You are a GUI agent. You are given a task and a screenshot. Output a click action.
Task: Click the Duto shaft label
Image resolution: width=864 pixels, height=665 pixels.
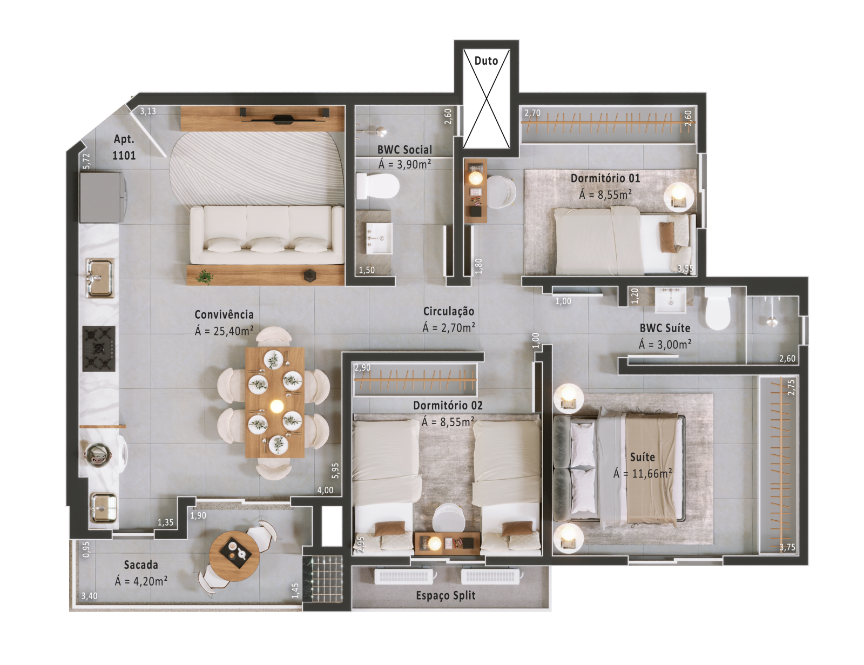tap(486, 61)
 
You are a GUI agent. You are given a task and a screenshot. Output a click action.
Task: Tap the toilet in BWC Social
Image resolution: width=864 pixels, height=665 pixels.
tap(377, 186)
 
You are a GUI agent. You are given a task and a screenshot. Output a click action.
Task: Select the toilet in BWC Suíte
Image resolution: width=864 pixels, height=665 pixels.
tap(718, 308)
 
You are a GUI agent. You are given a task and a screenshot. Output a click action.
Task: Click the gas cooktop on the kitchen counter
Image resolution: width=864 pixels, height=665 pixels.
tap(99, 349)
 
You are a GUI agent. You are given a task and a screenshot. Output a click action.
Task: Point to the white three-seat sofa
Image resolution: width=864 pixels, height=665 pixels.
tap(267, 234)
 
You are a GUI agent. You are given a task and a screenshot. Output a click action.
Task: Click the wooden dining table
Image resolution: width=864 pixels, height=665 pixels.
tap(275, 402)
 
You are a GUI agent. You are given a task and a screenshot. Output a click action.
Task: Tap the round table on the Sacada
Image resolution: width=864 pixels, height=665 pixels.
tap(234, 556)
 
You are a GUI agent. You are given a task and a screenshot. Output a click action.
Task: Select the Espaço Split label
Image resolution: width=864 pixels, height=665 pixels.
tap(446, 596)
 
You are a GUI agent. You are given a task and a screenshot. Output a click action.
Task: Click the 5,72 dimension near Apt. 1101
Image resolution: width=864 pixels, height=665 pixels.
tap(87, 161)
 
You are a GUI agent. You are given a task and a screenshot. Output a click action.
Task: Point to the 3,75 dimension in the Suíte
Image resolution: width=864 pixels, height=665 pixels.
tap(787, 547)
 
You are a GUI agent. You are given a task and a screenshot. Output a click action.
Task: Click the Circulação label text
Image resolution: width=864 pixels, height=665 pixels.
tap(449, 311)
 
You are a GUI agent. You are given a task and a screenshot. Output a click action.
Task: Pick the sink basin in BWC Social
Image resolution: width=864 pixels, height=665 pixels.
tap(379, 238)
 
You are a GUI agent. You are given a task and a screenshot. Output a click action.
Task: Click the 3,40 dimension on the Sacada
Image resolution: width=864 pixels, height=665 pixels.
tap(90, 596)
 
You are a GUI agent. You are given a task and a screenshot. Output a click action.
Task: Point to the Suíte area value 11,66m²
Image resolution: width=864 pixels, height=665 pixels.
tap(652, 474)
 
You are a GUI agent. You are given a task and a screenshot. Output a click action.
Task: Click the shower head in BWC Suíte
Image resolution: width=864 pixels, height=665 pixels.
tap(772, 321)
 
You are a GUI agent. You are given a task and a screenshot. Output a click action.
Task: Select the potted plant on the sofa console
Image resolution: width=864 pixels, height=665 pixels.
tap(204, 277)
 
